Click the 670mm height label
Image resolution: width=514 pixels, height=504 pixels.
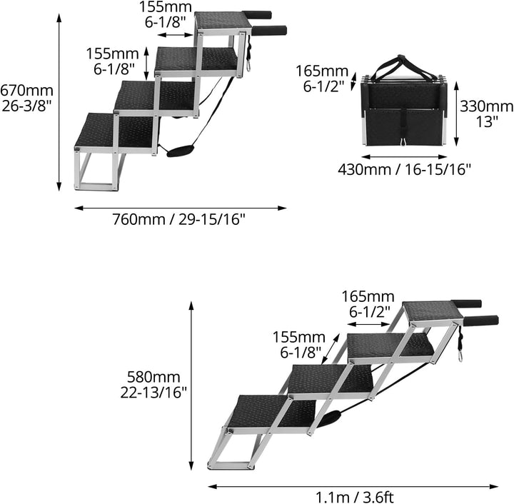tap(26, 98)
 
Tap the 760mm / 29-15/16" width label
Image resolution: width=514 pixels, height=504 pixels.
tap(178, 219)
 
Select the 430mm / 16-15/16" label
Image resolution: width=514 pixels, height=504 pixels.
tap(404, 169)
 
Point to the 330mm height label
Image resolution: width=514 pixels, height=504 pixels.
tap(486, 114)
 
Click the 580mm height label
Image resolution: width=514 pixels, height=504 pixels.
tap(153, 385)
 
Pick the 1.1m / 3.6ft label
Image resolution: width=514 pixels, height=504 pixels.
tap(355, 497)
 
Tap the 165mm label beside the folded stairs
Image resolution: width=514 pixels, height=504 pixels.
tap(322, 79)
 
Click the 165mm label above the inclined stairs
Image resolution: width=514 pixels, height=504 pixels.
tap(368, 304)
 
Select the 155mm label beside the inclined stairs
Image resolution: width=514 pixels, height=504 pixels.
tap(299, 344)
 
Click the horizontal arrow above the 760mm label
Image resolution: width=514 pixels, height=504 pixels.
tap(181, 208)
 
